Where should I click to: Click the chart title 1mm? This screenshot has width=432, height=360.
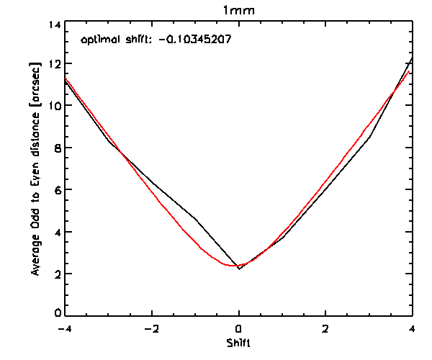(238, 11)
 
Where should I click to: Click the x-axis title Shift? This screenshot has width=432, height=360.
(238, 343)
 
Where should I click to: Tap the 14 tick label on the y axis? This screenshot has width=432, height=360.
(53, 24)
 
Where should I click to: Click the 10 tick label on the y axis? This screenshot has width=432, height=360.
(53, 106)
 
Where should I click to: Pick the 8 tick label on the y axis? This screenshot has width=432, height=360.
(57, 148)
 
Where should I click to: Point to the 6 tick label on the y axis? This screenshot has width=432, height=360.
(57, 189)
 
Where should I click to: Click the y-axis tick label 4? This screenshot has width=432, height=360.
(57, 232)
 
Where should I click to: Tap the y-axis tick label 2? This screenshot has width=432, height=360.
(57, 274)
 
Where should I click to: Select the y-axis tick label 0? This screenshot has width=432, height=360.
(57, 315)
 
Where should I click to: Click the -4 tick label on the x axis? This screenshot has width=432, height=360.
(66, 329)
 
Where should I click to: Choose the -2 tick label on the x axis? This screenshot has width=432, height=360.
(152, 329)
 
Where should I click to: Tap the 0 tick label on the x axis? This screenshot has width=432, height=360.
(239, 329)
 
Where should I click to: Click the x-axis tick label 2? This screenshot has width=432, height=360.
(325, 329)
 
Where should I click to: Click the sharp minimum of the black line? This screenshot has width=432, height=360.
(239, 269)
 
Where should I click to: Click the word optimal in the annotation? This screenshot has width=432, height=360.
(98, 40)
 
